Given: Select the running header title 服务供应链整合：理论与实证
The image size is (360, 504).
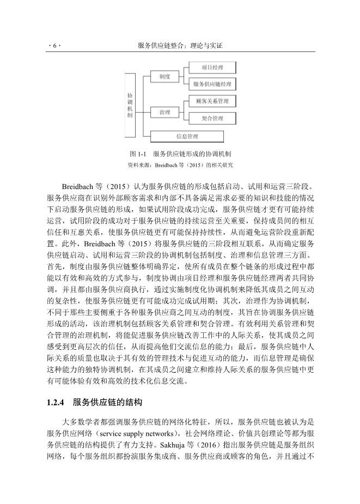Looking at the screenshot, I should pos(180,47).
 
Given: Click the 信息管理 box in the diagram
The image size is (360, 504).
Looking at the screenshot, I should pos(187,136).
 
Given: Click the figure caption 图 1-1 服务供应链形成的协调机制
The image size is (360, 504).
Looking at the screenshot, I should pos(180,154).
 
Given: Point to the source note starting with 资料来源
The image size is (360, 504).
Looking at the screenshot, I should pos(180,164).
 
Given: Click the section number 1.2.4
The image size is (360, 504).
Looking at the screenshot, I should pos(56,403).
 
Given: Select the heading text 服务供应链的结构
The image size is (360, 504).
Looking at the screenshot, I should pos(108,403).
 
